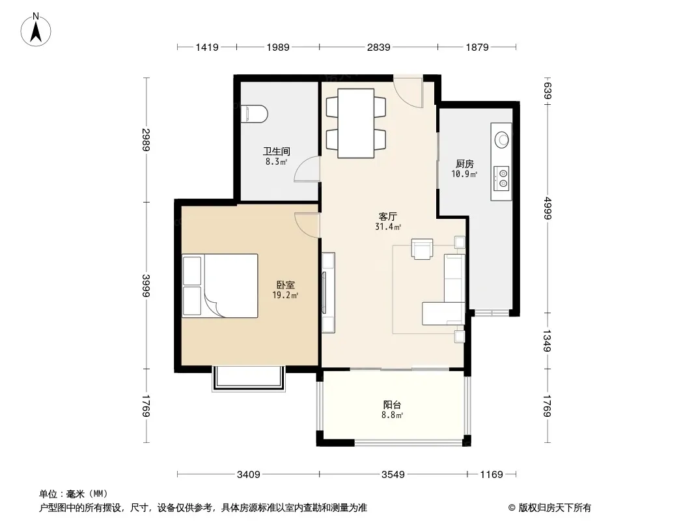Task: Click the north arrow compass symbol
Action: coord(36,30)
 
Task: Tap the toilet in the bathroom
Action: coord(255,114)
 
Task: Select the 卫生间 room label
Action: coord(277,151)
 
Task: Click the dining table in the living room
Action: coord(356,123)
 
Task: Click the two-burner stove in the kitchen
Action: coord(501,178)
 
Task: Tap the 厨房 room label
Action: coord(465,164)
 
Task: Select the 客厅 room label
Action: coord(388,216)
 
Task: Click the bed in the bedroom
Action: coord(220,285)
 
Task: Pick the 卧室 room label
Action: coord(286,285)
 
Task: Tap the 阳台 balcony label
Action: coord(392,404)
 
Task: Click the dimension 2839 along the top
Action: coord(378,47)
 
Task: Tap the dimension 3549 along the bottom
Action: coord(393,475)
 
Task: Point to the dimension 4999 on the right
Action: coord(548,208)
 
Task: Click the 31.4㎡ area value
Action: coord(388,227)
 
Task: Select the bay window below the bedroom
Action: coord(249,378)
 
